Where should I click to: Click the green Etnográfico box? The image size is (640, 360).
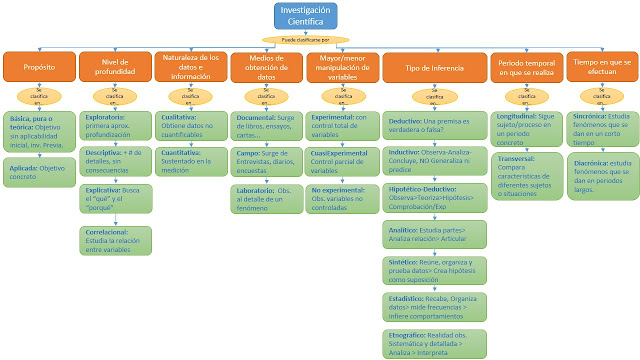coord(433,341)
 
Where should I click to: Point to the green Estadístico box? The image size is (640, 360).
coord(433,304)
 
